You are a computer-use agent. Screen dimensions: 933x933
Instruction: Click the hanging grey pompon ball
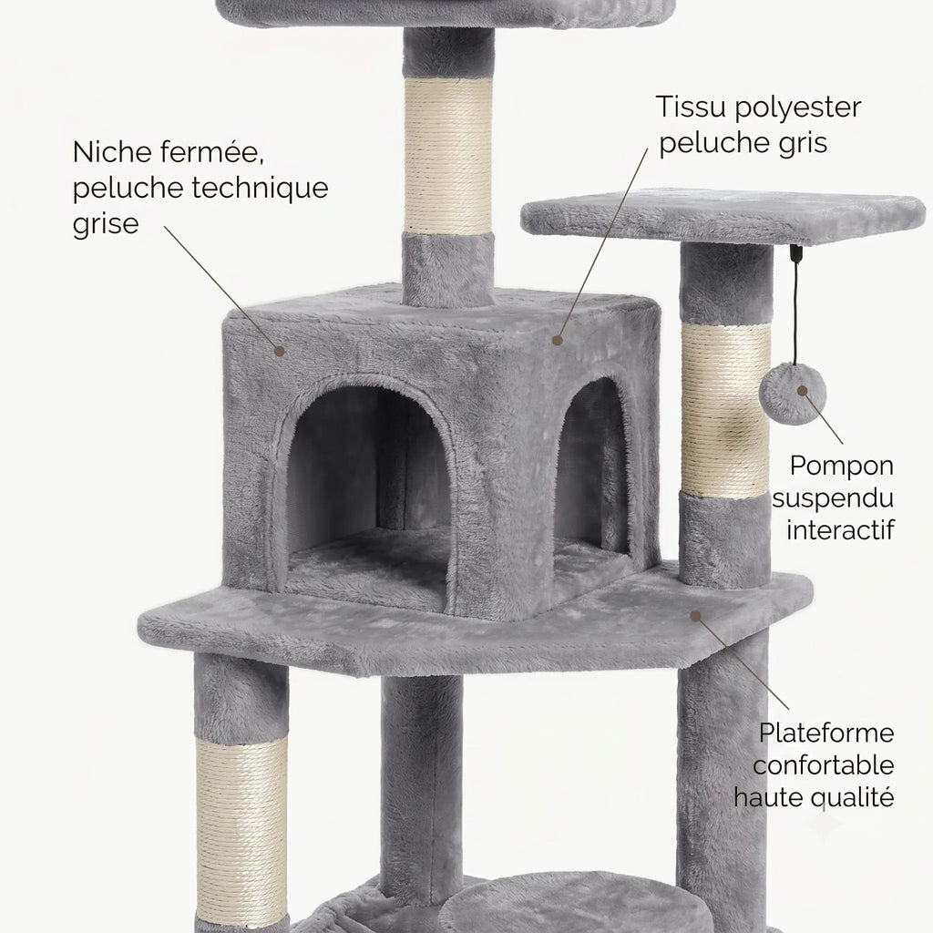click(x=793, y=394)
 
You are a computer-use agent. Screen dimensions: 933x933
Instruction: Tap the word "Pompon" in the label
click(x=841, y=466)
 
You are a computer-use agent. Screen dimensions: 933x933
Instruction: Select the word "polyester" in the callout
click(x=797, y=108)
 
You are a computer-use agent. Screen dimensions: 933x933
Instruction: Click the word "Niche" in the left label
click(x=112, y=152)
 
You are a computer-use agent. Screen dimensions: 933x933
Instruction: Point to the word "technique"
click(x=260, y=188)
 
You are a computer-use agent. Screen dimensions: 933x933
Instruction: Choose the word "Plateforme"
click(x=826, y=733)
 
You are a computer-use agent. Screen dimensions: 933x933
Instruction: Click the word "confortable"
click(x=824, y=765)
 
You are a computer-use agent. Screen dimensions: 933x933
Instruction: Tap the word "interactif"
click(x=840, y=529)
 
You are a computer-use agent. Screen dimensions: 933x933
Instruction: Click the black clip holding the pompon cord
click(x=796, y=252)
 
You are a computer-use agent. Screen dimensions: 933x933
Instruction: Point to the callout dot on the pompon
click(x=802, y=391)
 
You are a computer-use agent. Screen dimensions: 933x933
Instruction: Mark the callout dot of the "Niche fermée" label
click(x=279, y=351)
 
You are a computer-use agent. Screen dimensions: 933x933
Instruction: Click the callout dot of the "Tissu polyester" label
click(x=557, y=341)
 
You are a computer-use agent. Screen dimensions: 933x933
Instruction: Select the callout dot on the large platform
click(x=695, y=616)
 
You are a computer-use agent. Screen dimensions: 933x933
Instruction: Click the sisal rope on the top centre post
click(x=448, y=156)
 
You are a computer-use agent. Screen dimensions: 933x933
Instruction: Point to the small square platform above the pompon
click(x=723, y=217)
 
